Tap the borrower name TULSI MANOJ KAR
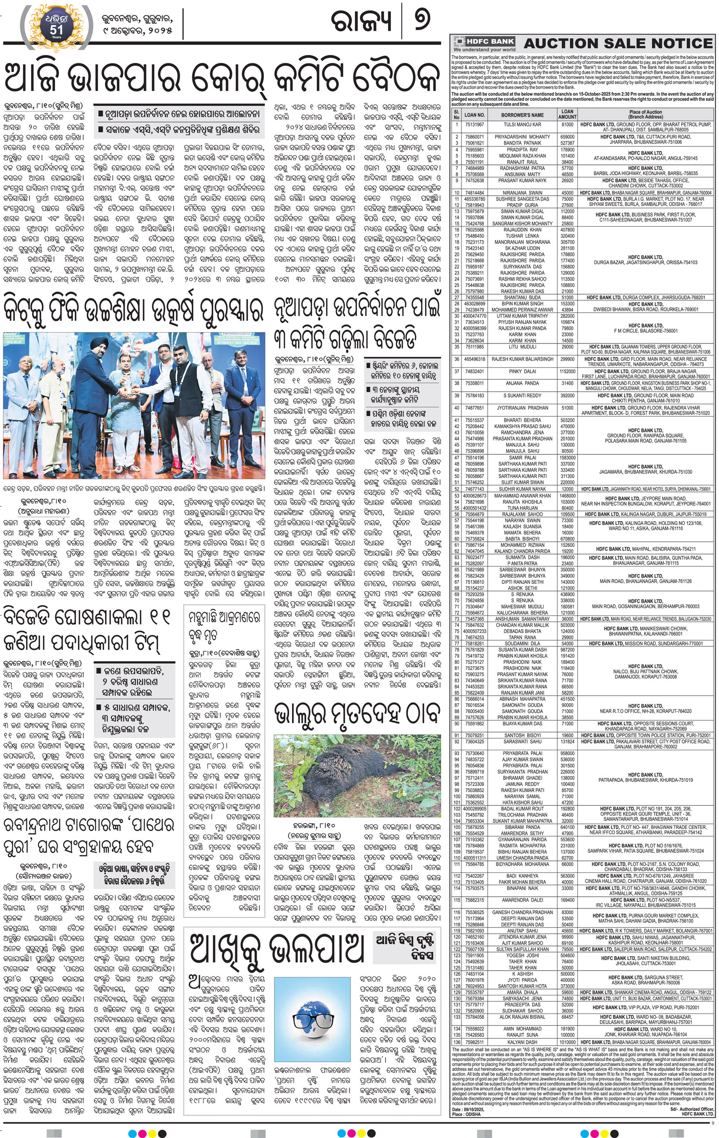[522, 125]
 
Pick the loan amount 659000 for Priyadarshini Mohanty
[567, 137]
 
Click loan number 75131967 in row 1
[474, 125]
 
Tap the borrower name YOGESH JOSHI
[522, 955]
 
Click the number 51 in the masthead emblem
[56, 30]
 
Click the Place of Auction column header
[645, 115]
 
